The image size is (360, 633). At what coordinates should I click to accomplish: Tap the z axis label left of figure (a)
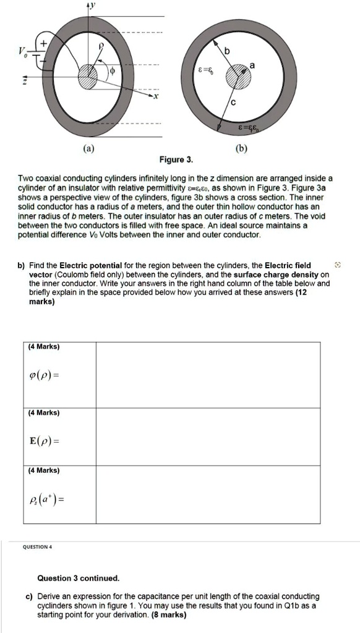pyautogui.click(x=25, y=80)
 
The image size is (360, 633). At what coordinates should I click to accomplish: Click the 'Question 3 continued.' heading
pyautogui.click(x=78, y=579)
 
